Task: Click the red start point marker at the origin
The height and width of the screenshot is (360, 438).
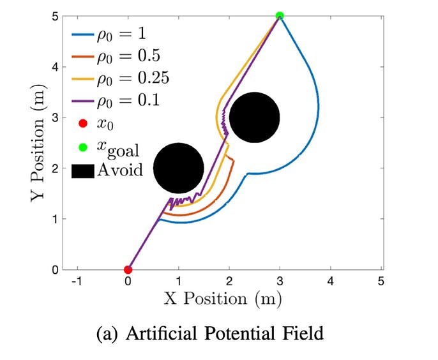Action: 128,269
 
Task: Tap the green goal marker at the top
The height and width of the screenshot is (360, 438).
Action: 280,15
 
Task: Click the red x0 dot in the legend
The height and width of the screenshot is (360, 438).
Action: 82,123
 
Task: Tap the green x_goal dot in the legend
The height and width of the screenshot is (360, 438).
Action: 82,147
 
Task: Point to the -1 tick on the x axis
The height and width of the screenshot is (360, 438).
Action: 77,281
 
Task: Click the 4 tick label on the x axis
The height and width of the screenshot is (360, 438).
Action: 330,281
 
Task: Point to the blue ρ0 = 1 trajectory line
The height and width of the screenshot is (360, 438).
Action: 318,105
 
